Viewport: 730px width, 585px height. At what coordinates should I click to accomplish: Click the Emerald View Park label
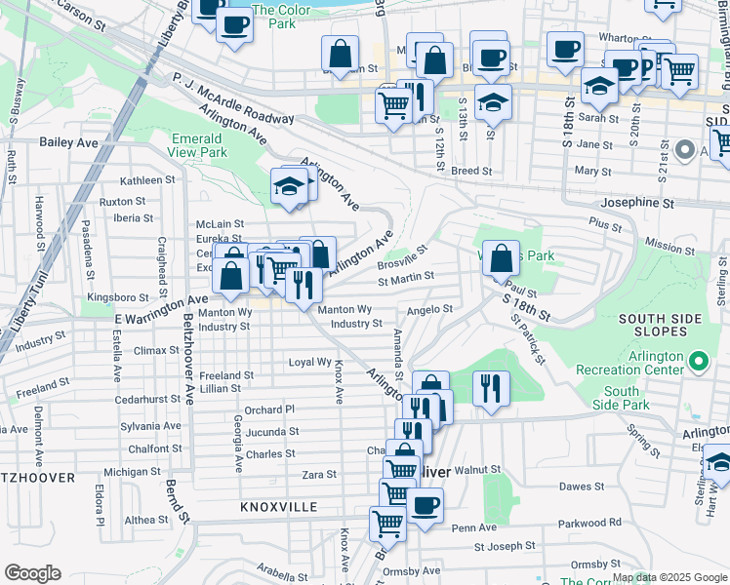coord(199,145)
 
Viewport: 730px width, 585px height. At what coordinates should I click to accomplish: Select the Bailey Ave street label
coord(69,142)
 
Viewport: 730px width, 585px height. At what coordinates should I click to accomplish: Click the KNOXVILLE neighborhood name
coord(279,508)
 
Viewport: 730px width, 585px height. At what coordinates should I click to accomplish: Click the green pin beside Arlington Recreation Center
coord(698,362)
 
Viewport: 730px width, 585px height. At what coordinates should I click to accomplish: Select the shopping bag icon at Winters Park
coord(501,259)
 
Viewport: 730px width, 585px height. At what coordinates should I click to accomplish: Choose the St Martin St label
coord(405,278)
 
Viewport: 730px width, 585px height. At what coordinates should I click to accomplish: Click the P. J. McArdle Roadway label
coord(233,97)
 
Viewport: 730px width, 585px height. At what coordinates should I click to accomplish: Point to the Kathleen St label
coord(146,180)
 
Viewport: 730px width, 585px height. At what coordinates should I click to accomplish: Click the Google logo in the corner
coord(32,573)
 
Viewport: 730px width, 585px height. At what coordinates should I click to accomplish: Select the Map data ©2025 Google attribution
coord(669,577)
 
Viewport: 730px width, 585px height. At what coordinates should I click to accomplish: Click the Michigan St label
coord(132,472)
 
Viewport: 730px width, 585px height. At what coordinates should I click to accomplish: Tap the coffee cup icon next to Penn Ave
coord(425,507)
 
